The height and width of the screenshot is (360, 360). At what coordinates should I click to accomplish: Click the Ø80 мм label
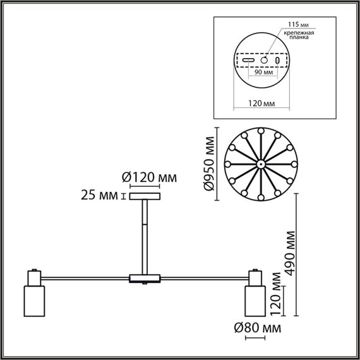pyautogui.click(x=255, y=328)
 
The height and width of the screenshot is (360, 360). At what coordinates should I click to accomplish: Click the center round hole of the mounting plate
pyautogui.click(x=263, y=60)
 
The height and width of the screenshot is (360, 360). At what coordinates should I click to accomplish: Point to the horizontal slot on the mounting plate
pyautogui.click(x=249, y=61)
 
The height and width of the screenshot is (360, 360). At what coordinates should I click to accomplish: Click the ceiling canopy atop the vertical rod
pyautogui.click(x=146, y=196)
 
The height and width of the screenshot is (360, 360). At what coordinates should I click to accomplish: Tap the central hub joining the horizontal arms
pyautogui.click(x=146, y=278)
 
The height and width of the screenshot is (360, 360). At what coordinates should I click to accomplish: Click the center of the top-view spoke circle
pyautogui.click(x=261, y=164)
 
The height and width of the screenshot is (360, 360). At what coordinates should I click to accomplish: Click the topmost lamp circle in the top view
pyautogui.click(x=261, y=130)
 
